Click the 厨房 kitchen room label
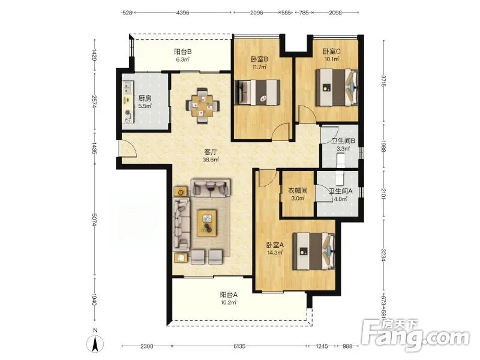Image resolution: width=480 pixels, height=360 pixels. pyautogui.click(x=145, y=98)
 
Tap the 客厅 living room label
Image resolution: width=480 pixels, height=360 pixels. pyautogui.click(x=211, y=152)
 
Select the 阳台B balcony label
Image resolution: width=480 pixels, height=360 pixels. pyautogui.click(x=183, y=52)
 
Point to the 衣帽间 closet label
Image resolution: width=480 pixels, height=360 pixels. pyautogui.click(x=298, y=190)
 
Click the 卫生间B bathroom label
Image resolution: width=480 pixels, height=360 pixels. pyautogui.click(x=343, y=141)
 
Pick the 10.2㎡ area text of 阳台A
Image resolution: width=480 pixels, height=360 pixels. pyautogui.click(x=229, y=303)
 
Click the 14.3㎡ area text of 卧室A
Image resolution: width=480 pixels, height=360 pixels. pyautogui.click(x=275, y=253)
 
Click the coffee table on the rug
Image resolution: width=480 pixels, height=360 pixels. pyautogui.click(x=207, y=223)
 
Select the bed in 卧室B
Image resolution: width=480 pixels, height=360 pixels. pyautogui.click(x=257, y=92)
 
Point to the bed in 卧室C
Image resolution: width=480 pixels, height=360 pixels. pyautogui.click(x=337, y=88)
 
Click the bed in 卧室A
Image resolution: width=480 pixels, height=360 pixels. pyautogui.click(x=314, y=251)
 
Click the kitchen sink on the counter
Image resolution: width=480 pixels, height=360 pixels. pyautogui.click(x=127, y=87)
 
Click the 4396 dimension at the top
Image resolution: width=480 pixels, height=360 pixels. pyautogui.click(x=183, y=13)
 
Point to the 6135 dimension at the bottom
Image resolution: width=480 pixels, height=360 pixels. pyautogui.click(x=239, y=346)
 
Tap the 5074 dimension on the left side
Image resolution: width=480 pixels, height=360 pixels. pyautogui.click(x=95, y=220)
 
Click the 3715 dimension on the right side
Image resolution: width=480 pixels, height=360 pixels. pyautogui.click(x=383, y=80)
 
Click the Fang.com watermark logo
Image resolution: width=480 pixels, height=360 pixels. pyautogui.click(x=415, y=336)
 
